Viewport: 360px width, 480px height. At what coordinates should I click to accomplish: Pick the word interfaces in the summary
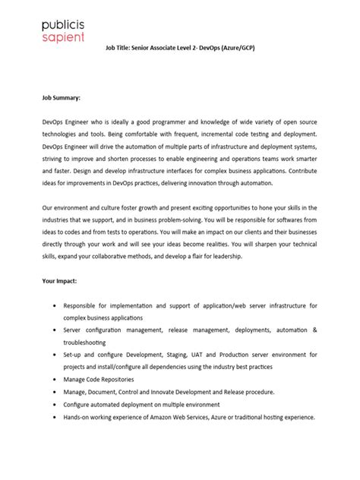195,171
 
